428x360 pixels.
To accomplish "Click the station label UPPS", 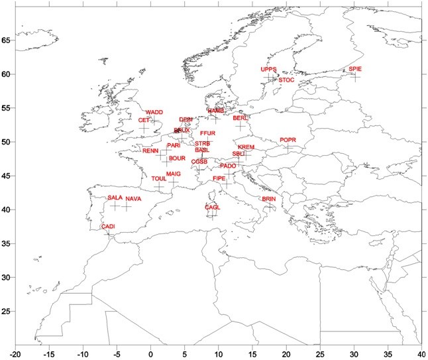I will [x=268, y=69].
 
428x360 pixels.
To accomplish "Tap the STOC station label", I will [x=286, y=80].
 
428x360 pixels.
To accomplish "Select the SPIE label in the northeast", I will [x=355, y=70].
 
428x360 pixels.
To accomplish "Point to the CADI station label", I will [x=108, y=227].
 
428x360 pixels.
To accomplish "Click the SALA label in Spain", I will [x=115, y=198].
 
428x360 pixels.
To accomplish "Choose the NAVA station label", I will [x=133, y=199].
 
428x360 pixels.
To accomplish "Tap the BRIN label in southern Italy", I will [x=268, y=199].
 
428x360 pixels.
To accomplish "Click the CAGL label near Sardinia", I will [x=213, y=208].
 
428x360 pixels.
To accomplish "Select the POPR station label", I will [x=288, y=140].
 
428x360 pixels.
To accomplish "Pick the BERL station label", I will [x=241, y=118].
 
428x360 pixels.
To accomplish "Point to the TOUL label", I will [x=159, y=179].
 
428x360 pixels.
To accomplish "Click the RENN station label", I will [x=150, y=151].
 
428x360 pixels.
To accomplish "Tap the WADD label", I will [x=154, y=113].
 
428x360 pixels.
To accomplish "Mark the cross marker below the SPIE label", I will [x=355, y=77].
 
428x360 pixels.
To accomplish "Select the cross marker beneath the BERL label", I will [x=240, y=125].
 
